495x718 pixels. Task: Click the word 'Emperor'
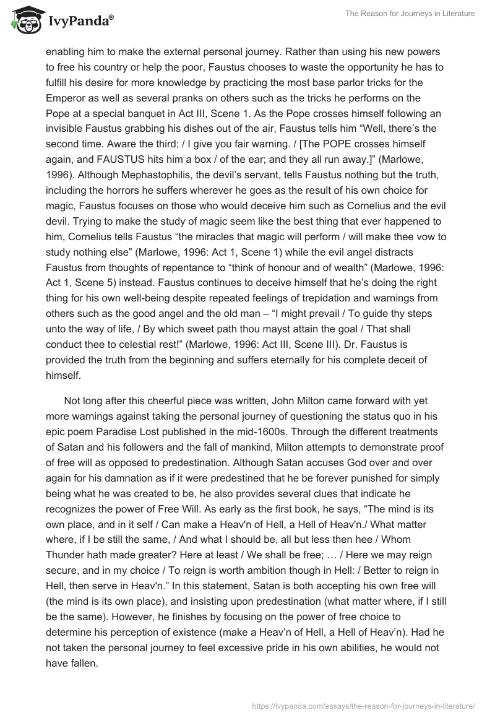coord(70,98)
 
